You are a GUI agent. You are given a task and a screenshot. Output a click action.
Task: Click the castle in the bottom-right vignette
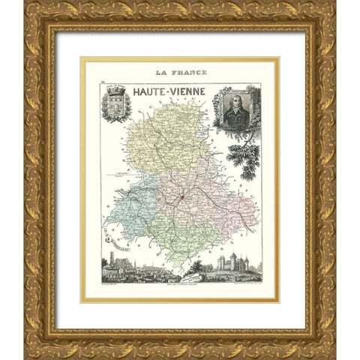[232, 264]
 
